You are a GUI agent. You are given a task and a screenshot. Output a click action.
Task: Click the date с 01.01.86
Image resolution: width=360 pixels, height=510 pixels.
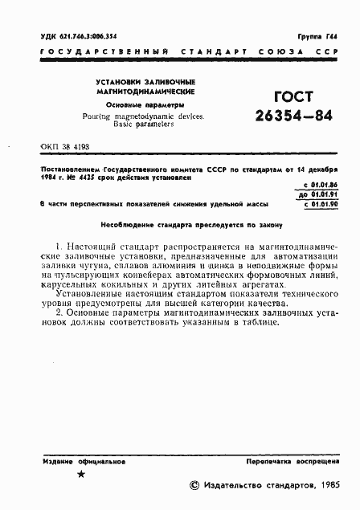coord(320,186)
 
